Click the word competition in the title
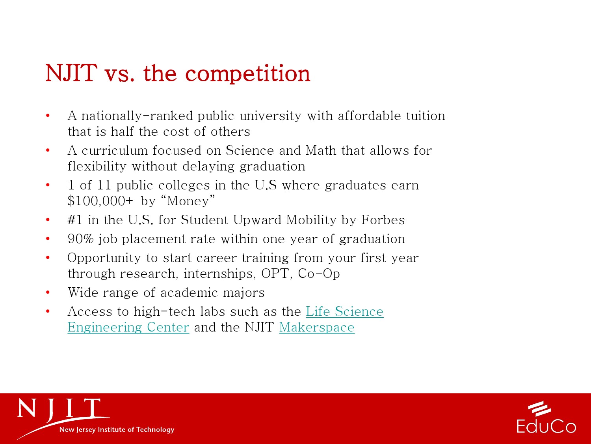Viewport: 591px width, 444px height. [248, 73]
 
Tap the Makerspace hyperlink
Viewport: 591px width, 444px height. [317, 327]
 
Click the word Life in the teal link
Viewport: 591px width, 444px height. [318, 311]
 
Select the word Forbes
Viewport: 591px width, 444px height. [383, 220]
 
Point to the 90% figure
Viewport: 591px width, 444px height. [80, 239]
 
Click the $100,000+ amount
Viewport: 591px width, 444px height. [100, 201]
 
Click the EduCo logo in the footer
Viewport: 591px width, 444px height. [546, 418]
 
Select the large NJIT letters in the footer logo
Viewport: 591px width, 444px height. [59, 409]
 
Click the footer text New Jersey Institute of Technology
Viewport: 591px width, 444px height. [117, 429]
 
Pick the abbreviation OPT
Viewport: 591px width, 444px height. [275, 274]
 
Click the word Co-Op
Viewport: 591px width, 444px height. [319, 274]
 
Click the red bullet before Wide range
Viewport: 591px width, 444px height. [48, 292]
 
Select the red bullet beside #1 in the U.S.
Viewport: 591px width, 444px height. [48, 220]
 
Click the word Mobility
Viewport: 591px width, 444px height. [311, 220]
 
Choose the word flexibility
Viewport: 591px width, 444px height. [97, 166]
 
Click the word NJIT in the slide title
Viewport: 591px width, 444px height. [71, 73]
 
